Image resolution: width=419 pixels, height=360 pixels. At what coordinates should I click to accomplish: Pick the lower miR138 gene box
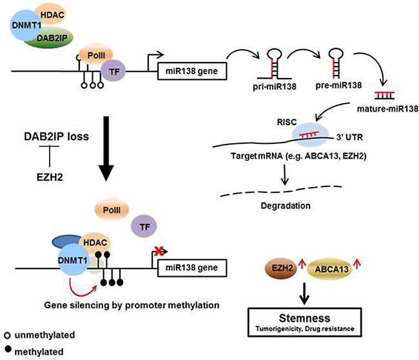click(x=192, y=266)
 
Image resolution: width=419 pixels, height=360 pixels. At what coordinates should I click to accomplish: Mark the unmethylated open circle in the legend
click(x=6, y=335)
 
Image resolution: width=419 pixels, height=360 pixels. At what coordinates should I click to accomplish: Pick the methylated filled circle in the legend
click(x=6, y=352)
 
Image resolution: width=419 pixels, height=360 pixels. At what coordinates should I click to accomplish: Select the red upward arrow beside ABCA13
click(x=372, y=263)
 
